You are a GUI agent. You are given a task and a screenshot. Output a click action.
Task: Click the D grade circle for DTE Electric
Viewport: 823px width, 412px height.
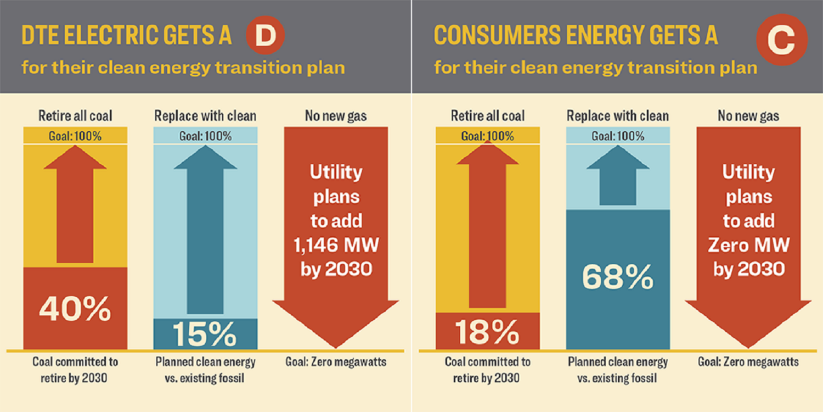click(x=266, y=36)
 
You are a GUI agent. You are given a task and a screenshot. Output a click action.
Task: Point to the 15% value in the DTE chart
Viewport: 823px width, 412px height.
click(x=205, y=333)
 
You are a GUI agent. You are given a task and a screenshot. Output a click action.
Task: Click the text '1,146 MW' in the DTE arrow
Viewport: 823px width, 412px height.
click(x=336, y=245)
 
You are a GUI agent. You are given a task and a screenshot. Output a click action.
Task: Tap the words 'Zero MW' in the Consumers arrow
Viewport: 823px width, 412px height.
click(x=748, y=245)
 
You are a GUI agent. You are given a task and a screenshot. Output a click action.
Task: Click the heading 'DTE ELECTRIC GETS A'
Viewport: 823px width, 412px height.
click(x=126, y=36)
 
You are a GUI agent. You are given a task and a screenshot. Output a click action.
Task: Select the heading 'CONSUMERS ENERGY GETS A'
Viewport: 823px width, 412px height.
click(x=576, y=36)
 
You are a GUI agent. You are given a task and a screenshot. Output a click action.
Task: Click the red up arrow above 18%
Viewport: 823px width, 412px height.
click(x=487, y=231)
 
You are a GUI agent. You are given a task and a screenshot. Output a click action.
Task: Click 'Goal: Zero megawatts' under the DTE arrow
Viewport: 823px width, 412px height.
click(x=336, y=362)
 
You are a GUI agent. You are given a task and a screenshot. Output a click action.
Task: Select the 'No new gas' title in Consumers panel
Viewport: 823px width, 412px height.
click(x=748, y=116)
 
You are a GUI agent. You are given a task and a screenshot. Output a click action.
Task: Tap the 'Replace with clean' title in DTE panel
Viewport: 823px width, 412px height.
click(x=205, y=116)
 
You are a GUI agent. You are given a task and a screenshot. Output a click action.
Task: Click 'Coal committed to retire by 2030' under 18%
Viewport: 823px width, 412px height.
click(x=487, y=370)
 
